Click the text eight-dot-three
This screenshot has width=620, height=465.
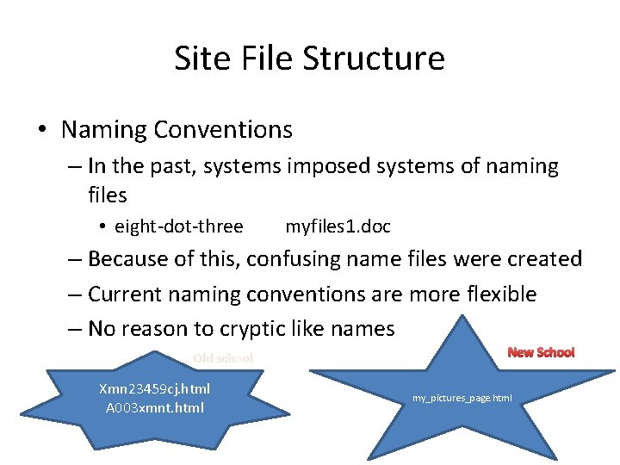(x=179, y=226)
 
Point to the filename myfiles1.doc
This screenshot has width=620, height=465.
(x=338, y=226)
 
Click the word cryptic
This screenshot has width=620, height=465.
(x=256, y=329)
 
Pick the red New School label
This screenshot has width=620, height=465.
(x=541, y=352)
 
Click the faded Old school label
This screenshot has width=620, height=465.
(x=223, y=358)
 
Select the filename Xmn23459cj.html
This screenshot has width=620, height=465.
(x=155, y=389)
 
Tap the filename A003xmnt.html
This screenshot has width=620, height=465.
(x=155, y=407)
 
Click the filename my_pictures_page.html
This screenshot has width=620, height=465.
(x=462, y=398)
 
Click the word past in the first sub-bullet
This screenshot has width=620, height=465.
(x=177, y=165)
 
